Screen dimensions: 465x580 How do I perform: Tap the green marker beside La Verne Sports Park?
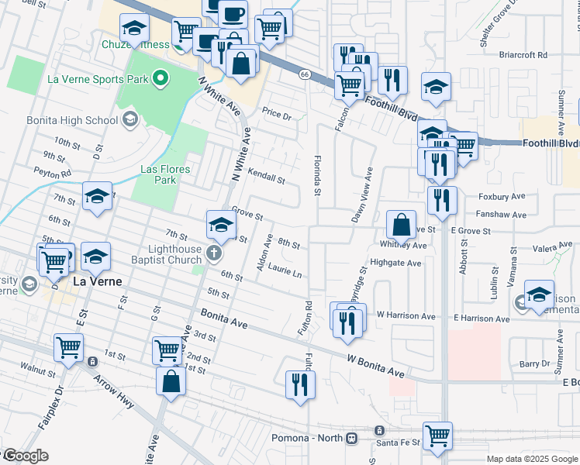[161, 77]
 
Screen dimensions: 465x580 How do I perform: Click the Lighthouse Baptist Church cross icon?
[215, 250]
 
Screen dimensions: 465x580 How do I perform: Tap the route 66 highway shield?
[305, 74]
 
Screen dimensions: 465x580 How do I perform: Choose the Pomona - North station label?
[308, 438]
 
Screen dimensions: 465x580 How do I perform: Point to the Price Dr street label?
[275, 115]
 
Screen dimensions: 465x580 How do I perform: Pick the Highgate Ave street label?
[395, 263]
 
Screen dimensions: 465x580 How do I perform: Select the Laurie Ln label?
[285, 272]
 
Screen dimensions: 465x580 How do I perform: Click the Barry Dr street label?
[534, 363]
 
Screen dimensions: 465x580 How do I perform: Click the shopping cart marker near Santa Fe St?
[437, 436]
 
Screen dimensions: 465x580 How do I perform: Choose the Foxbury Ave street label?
[503, 197]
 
